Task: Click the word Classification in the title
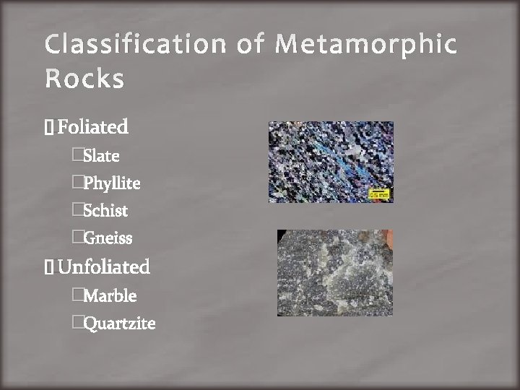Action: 134,45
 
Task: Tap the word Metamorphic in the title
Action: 368,45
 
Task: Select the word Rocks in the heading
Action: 84,79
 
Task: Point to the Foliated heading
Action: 92,128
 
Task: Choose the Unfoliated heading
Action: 103,267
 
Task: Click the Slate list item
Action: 101,156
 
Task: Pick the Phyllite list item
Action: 111,183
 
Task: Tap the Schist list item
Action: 105,211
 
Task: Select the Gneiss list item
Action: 108,238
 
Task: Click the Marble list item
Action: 110,296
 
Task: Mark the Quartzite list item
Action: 119,324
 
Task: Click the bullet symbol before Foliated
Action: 48,129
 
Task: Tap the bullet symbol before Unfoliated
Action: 48,268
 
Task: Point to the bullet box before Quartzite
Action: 77,324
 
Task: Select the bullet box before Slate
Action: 77,156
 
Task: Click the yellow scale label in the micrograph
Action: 379,194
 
